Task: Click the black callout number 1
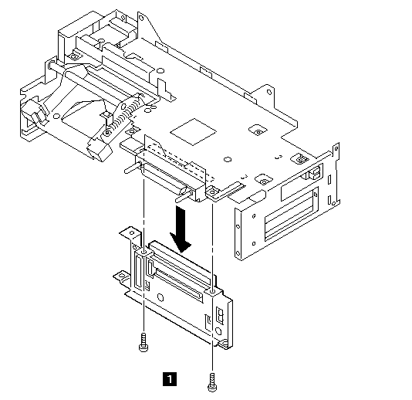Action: [x=170, y=379]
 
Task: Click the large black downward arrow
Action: [x=181, y=229]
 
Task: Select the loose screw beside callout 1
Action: [x=212, y=382]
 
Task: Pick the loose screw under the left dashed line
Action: [x=144, y=342]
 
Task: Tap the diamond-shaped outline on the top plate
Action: [x=193, y=131]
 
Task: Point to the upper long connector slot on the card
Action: [x=181, y=264]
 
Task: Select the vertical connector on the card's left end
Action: [x=139, y=272]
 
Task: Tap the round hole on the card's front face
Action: [x=160, y=297]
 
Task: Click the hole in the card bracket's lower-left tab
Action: [x=121, y=276]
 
